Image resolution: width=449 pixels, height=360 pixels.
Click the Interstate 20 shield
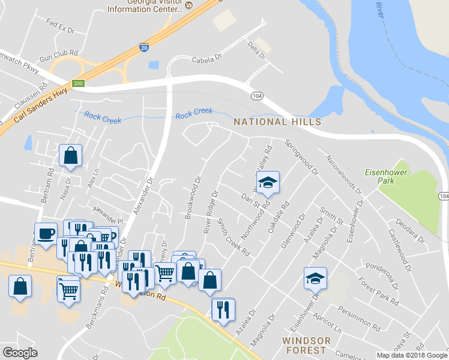click(145, 48)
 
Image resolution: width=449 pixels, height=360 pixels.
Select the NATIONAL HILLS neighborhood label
click(269, 122)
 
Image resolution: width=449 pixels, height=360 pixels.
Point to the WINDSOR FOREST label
click(306, 346)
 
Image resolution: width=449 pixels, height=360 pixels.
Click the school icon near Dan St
click(268, 183)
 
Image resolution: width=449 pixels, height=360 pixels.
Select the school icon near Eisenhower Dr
click(315, 279)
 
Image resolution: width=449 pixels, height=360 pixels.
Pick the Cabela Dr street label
click(207, 60)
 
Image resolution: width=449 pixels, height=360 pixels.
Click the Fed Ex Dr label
click(59, 26)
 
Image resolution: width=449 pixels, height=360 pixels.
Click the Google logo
click(20, 353)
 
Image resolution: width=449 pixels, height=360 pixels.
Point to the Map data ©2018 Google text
click(411, 355)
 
